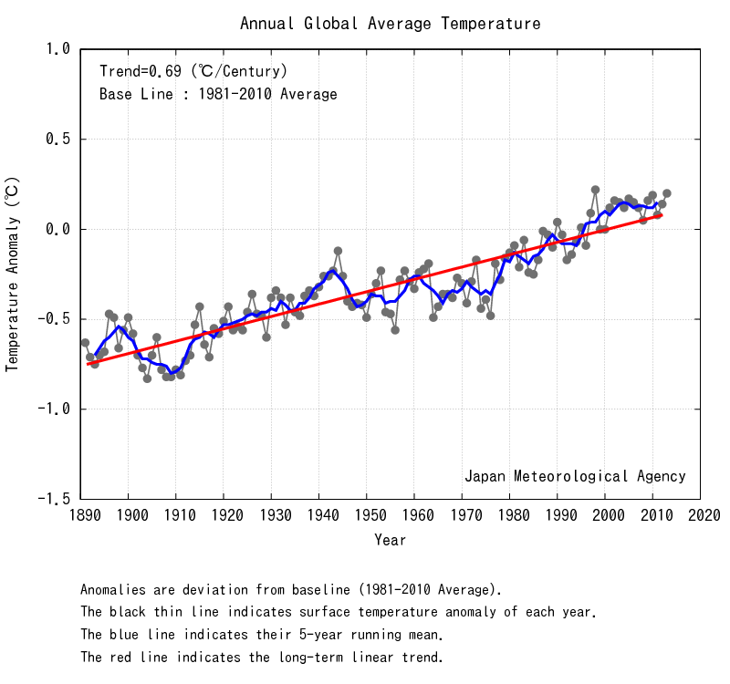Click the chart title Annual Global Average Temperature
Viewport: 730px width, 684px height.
pos(391,24)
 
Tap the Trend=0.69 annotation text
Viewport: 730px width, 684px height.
pos(193,70)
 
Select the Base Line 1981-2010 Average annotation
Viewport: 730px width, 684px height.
pos(218,94)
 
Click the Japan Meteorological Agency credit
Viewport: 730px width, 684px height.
pos(575,476)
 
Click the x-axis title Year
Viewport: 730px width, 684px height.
pos(391,540)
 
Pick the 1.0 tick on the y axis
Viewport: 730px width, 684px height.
pos(57,49)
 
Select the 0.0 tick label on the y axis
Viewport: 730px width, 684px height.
pos(57,229)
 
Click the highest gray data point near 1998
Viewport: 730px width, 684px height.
pos(595,190)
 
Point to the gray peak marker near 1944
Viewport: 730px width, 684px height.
pos(338,251)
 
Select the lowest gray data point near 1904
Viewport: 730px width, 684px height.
pos(147,378)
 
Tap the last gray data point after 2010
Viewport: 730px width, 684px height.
pos(667,193)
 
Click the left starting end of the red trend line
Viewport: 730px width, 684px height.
pos(89,364)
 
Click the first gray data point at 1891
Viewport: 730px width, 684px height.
pos(85,343)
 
